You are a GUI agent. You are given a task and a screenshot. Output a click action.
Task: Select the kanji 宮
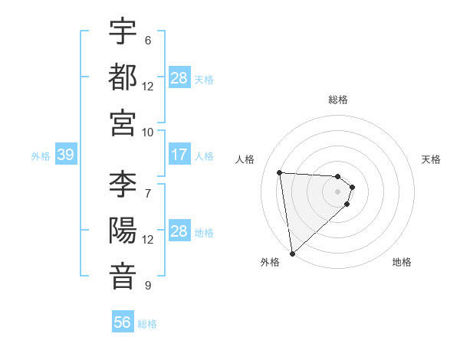pos(123,123)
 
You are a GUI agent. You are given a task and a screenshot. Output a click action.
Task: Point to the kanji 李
pos(123,185)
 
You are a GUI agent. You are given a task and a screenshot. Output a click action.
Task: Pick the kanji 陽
pos(123,231)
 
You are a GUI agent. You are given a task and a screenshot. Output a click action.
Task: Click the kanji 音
pos(123,276)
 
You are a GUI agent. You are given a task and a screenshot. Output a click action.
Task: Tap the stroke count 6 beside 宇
pos(147,41)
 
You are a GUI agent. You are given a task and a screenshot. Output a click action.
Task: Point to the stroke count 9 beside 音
pos(147,286)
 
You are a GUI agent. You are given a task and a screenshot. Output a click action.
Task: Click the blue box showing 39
pos(65,155)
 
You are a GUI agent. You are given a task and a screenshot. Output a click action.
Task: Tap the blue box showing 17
pos(179,155)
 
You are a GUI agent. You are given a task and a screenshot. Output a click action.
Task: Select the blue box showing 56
pos(123,322)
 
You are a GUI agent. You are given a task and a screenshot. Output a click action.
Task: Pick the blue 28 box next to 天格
pos(179,78)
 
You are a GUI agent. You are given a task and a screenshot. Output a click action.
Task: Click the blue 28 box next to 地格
pos(179,231)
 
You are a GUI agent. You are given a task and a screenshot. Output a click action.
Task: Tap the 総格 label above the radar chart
pos(338,100)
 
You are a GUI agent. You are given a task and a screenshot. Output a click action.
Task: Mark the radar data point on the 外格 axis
pos(292,253)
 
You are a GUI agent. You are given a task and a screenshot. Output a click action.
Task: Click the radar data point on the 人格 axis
pos(280,172)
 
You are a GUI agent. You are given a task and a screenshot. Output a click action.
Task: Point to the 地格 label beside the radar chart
pos(402,263)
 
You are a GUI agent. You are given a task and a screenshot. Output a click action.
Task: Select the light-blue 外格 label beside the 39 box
pos(41,155)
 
